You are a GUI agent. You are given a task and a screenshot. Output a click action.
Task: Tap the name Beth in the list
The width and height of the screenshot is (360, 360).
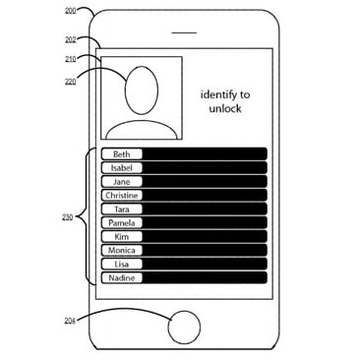point(121,154)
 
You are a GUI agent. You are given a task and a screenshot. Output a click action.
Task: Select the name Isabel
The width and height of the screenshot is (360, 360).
point(121,168)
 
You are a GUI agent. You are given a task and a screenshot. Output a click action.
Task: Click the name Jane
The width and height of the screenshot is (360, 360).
point(121,182)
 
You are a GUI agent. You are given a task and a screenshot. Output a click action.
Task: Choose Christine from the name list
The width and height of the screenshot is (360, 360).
point(122,196)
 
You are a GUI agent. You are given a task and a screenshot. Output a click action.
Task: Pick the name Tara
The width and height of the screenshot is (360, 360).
point(121,210)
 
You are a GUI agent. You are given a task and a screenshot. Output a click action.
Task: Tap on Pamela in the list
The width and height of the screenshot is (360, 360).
point(122,223)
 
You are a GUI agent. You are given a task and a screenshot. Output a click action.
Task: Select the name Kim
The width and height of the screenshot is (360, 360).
point(121,237)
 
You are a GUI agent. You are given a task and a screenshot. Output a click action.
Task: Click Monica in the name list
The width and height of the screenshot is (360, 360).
point(122,251)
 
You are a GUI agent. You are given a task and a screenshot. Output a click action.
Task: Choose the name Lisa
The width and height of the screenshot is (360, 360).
point(121,265)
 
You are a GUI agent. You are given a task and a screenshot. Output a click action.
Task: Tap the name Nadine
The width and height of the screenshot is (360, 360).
point(122,278)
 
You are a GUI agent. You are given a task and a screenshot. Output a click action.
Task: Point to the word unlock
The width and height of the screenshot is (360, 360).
point(225,109)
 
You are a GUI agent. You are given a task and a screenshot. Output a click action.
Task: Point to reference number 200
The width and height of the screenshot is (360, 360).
point(70,10)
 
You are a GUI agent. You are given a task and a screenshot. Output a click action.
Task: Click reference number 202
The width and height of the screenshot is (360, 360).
point(70,39)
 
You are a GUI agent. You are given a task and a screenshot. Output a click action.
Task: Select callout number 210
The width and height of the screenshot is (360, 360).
point(70,58)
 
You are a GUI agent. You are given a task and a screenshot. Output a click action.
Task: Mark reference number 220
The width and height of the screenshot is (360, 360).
point(70,81)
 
